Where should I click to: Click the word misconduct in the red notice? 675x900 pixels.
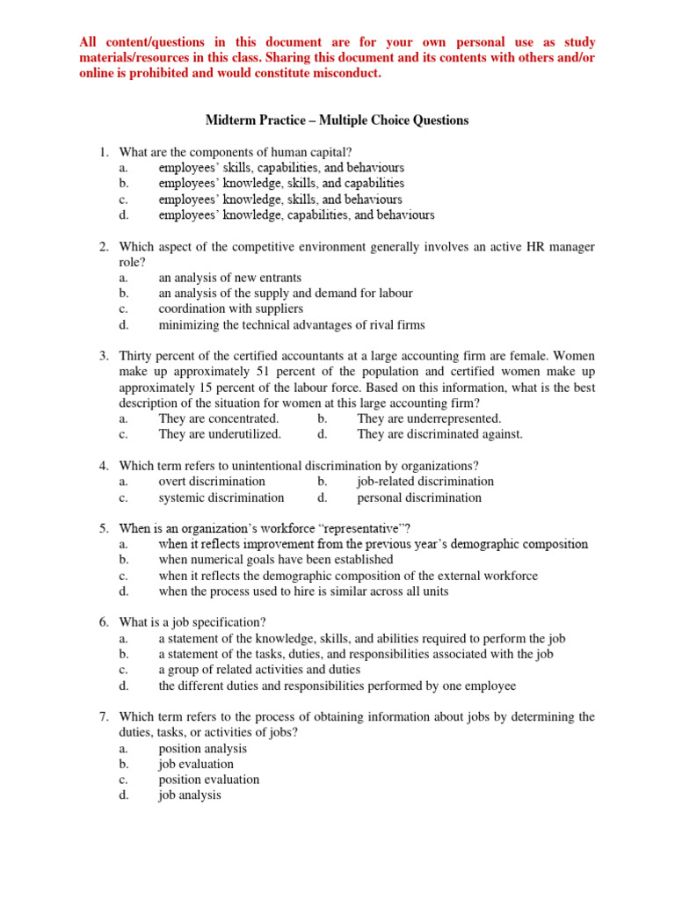pyautogui.click(x=346, y=74)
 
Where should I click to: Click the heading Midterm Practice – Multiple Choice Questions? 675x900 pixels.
pyautogui.click(x=337, y=120)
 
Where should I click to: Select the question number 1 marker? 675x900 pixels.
pyautogui.click(x=103, y=152)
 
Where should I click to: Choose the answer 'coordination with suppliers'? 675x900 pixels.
pyautogui.click(x=231, y=309)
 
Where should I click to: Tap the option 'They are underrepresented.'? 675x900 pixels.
pyautogui.click(x=429, y=418)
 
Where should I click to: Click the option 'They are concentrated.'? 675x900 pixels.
pyautogui.click(x=218, y=418)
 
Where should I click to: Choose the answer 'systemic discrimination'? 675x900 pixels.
pyautogui.click(x=221, y=497)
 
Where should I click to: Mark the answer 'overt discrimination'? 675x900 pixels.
pyautogui.click(x=212, y=482)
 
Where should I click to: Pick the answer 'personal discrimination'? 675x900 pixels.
pyautogui.click(x=419, y=497)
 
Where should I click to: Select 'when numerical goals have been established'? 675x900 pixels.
pyautogui.click(x=275, y=560)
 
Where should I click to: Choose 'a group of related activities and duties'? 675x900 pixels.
pyautogui.click(x=259, y=670)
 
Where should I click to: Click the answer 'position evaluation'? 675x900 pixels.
pyautogui.click(x=209, y=780)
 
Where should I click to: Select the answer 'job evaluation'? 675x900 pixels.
pyautogui.click(x=196, y=765)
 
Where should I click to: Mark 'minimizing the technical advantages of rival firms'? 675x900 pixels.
pyautogui.click(x=291, y=325)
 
